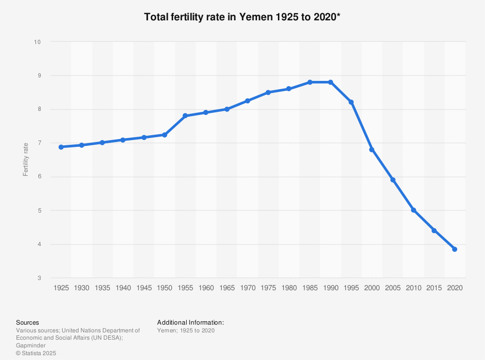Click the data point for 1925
coord(61,147)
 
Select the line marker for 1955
coord(185,116)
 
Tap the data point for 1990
coord(330,82)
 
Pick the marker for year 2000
coord(372,150)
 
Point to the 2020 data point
coord(454,249)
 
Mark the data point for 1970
coord(247,101)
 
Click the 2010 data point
coord(413,210)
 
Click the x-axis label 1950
coord(164,288)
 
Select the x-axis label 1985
coord(309,288)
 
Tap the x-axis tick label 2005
coord(392,288)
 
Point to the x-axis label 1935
coord(102,288)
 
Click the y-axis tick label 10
coord(37,42)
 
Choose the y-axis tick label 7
coord(38,143)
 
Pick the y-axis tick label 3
coord(38,278)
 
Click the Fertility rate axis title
coord(26,160)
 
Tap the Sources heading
coord(28,322)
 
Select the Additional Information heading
coord(191,322)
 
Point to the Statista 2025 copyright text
coord(36,353)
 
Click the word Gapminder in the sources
coord(31,345)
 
